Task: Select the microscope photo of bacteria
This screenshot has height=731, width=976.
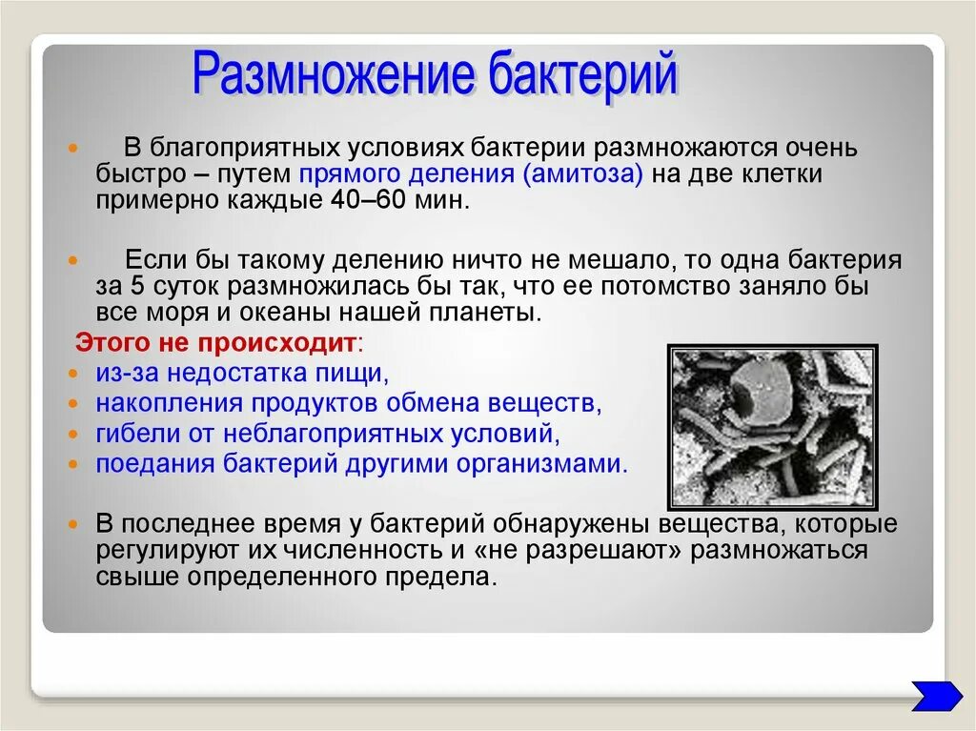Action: coord(773,427)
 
